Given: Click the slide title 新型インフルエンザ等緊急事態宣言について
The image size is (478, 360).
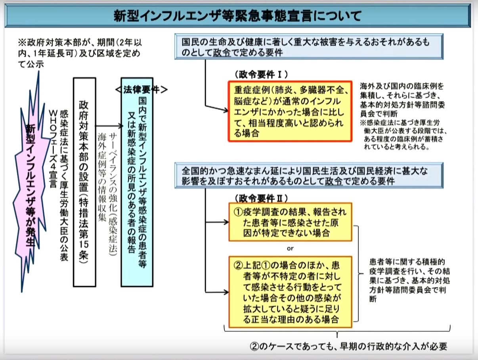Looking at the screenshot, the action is click(237, 16).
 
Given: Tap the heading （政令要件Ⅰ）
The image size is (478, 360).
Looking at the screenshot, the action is click(261, 75).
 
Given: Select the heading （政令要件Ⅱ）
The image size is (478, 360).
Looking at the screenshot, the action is click(261, 198).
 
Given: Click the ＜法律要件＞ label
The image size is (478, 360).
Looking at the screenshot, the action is click(141, 90).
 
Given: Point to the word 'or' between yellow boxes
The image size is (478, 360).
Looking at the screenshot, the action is click(290, 249).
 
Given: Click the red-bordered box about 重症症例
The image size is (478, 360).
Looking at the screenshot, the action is click(290, 111).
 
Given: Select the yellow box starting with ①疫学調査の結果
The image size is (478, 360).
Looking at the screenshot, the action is click(290, 222).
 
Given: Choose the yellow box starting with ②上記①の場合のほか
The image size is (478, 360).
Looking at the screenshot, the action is click(290, 292).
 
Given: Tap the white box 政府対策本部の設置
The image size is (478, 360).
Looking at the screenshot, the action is click(84, 182).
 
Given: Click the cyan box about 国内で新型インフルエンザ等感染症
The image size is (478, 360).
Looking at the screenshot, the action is click(137, 182).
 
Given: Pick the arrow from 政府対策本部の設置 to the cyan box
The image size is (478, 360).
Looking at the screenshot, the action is click(109, 126).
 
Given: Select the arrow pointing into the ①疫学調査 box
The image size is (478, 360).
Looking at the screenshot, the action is click(217, 222).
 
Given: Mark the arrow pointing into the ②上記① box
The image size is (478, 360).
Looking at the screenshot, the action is click(217, 292).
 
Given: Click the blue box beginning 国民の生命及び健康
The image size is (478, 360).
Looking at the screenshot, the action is click(309, 47).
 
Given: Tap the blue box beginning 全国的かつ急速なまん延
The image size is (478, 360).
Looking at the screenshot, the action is click(309, 175).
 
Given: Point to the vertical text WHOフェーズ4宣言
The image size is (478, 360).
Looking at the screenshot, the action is click(53, 149).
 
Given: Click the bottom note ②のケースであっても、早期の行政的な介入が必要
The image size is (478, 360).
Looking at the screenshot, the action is click(348, 346).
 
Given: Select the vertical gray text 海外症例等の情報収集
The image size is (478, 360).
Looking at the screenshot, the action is click(102, 176).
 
